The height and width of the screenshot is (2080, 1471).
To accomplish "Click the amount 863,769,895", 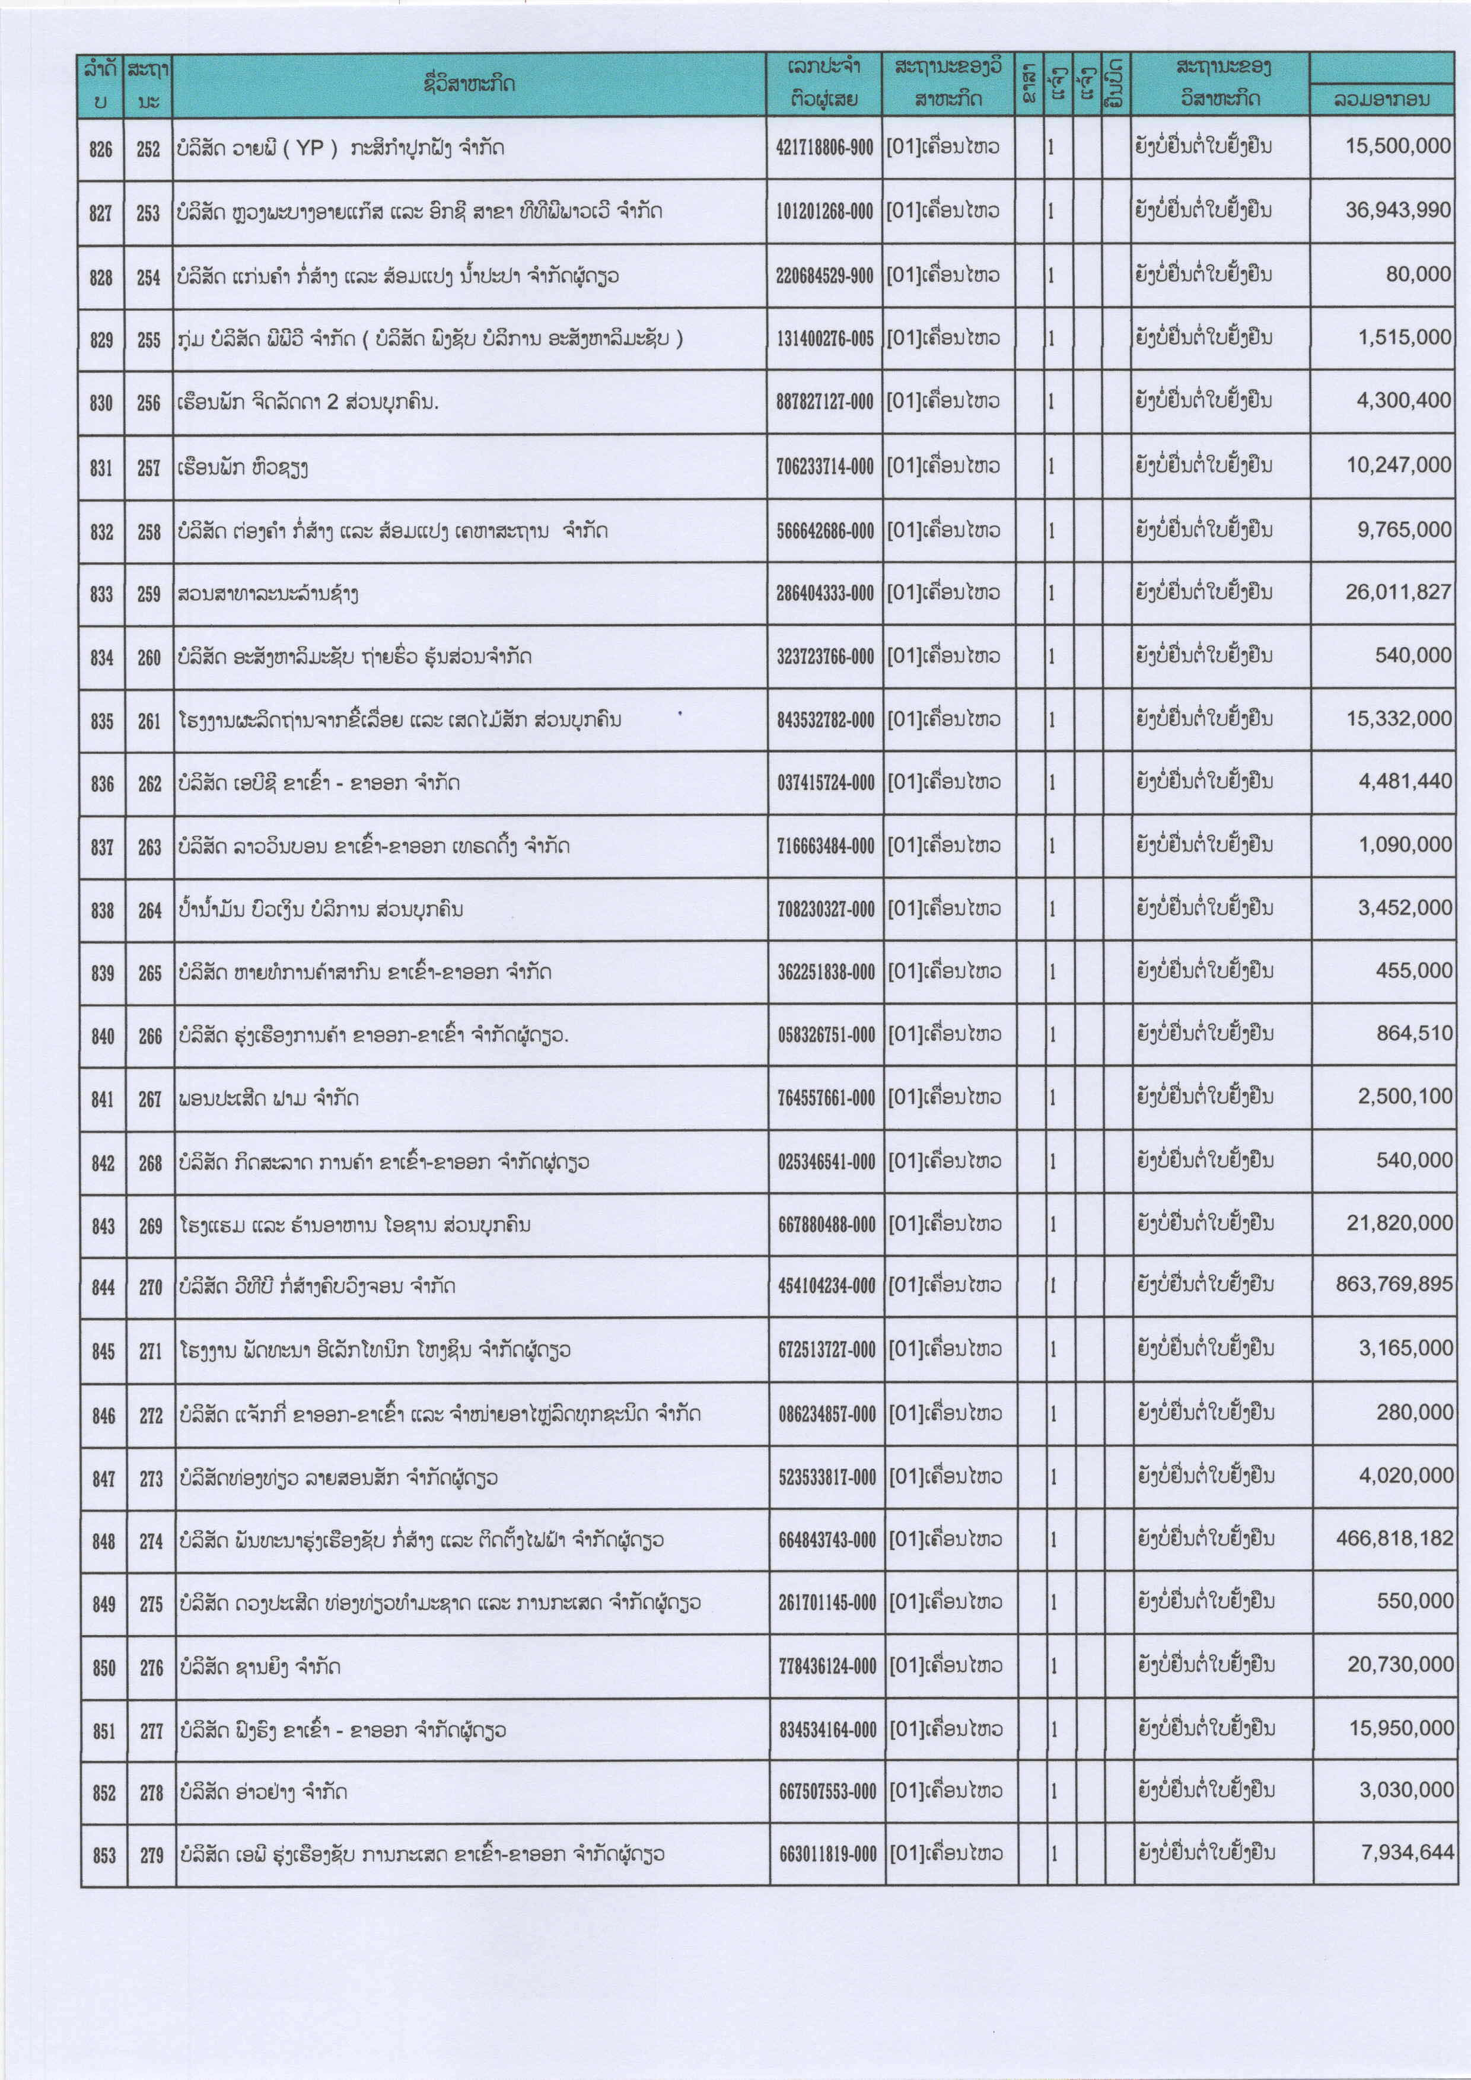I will (1394, 1285).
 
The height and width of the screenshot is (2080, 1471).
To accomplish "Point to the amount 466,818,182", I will (1394, 1539).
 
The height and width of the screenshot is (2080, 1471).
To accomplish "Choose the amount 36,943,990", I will (1397, 210).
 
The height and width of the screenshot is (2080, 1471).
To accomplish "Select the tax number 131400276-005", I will (824, 339).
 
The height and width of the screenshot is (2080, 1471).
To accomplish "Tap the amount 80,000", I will (1418, 273).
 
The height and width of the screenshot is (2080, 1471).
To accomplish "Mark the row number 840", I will (103, 1036).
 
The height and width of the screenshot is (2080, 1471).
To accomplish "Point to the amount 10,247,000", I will (1397, 465).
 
